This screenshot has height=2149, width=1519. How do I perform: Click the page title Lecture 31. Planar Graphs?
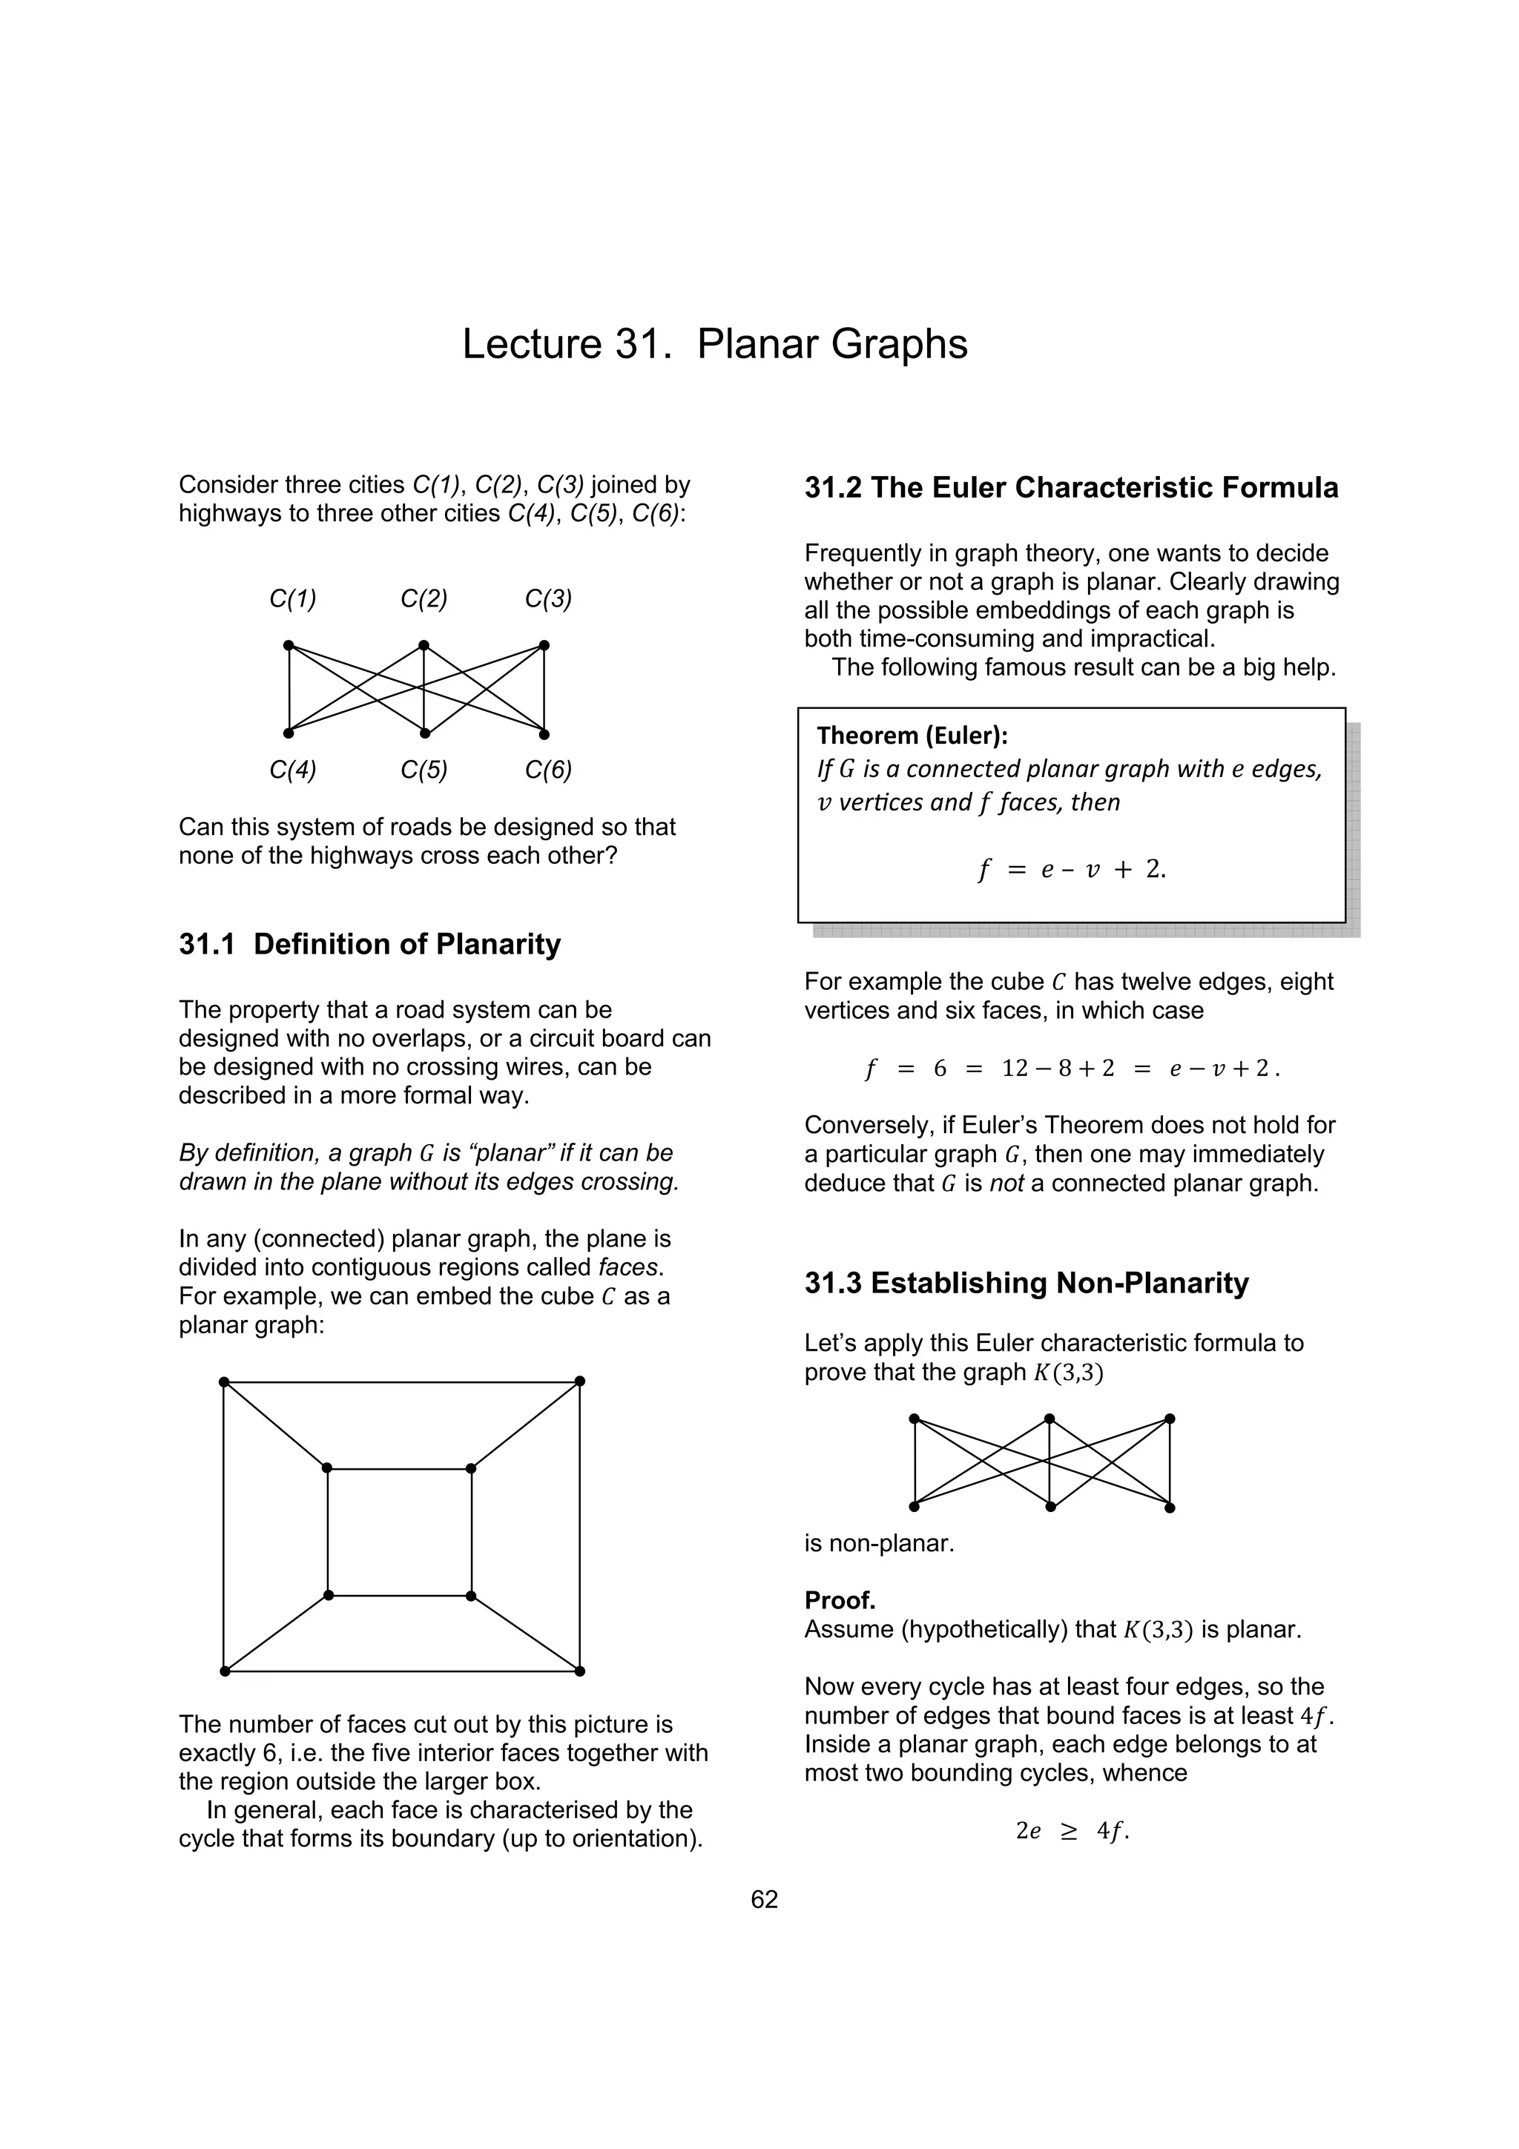(x=714, y=344)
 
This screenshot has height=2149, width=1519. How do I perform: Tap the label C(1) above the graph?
(x=293, y=599)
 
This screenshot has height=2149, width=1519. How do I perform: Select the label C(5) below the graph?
(x=424, y=770)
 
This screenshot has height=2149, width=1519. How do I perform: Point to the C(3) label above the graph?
(x=548, y=599)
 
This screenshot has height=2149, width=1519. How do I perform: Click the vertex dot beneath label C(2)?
(x=424, y=645)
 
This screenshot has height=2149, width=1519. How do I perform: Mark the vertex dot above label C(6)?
(x=544, y=734)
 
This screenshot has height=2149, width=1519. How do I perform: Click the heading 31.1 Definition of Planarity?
(x=369, y=945)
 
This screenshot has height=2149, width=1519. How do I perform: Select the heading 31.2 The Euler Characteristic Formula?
(x=1071, y=489)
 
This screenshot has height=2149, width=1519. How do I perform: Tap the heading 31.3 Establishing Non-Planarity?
(x=1026, y=1283)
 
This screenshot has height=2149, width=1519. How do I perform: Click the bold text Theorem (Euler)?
(x=912, y=736)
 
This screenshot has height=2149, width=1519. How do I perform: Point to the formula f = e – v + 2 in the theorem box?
(x=1072, y=870)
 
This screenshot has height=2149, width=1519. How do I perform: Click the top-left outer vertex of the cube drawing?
(x=224, y=1381)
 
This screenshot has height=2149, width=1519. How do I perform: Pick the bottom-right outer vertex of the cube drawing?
(x=580, y=1671)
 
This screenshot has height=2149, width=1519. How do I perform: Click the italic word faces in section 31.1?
(x=630, y=1268)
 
